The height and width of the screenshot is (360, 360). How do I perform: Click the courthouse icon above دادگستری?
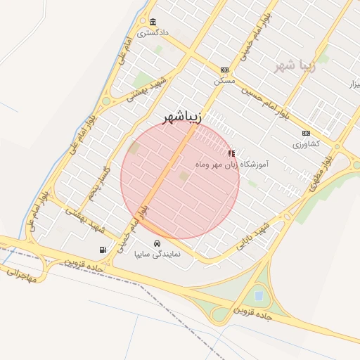[153, 22]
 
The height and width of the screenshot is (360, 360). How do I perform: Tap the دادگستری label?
[153, 33]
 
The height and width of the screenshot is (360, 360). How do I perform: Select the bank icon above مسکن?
[224, 70]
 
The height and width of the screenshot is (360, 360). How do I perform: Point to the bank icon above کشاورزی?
[306, 133]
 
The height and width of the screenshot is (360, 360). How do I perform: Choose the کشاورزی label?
[306, 144]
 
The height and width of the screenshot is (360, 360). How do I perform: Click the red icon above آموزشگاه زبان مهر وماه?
[231, 153]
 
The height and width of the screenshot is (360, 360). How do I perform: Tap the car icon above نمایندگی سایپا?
[157, 243]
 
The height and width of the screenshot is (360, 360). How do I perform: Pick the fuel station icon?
[104, 250]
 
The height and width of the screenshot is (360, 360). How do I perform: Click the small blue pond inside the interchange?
[259, 295]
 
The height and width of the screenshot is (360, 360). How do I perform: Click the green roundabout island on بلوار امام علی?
[106, 101]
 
